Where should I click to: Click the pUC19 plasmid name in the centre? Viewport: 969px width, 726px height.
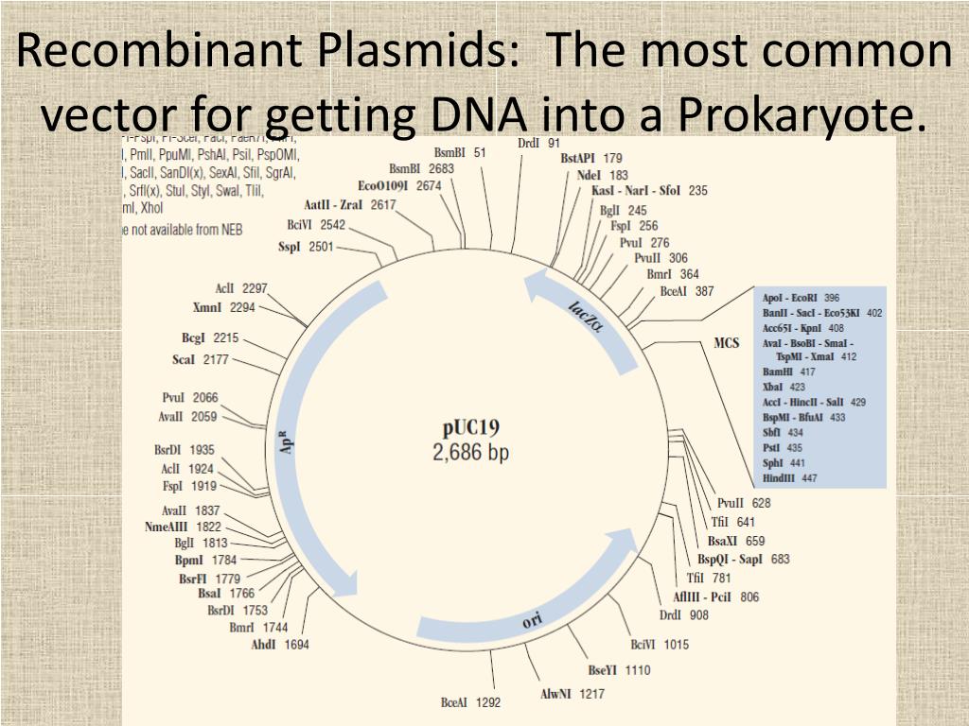point(471,428)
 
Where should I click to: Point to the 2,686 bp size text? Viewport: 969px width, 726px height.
point(471,453)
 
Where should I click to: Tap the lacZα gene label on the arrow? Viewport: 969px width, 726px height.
point(586,316)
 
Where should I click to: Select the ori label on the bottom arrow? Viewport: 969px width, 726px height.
point(533,620)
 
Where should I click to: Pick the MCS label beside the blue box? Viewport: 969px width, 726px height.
point(727,343)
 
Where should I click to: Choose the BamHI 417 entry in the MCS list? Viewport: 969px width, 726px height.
point(788,372)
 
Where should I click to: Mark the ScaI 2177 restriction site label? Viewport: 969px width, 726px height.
point(201,359)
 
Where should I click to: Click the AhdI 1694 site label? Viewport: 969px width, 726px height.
point(279,645)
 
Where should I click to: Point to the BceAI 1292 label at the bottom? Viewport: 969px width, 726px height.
point(470,702)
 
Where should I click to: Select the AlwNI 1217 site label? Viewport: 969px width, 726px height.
point(572,694)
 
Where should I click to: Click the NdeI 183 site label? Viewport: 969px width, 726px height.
point(602,175)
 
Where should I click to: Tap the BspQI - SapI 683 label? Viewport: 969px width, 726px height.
point(749,559)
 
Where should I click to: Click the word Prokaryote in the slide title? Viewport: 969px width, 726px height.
point(799,115)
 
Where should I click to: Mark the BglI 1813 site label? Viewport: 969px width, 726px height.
point(201,543)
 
